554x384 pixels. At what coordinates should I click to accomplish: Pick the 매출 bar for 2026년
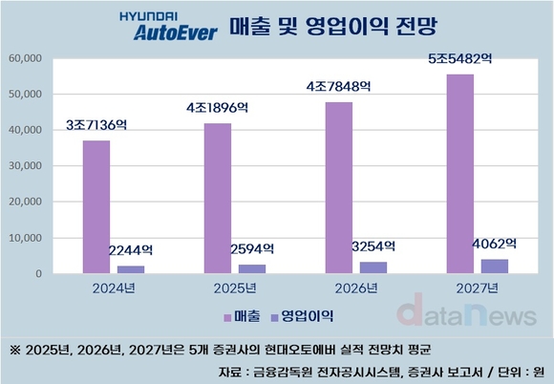339,188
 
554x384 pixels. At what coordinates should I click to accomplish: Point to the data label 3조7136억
96,125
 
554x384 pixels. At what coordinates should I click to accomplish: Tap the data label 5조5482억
460,59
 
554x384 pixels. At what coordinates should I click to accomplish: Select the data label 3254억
375,245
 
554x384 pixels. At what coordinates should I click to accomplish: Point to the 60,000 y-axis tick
27,58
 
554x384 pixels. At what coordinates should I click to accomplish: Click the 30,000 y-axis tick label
27,166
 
